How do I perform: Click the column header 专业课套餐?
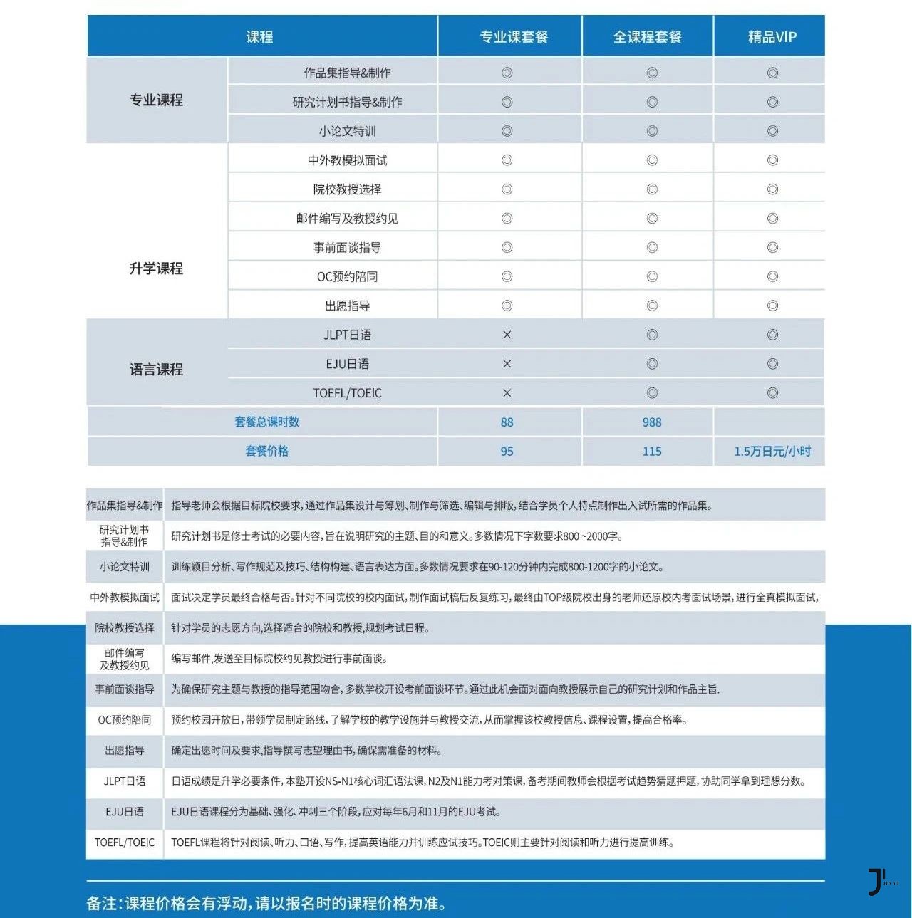tap(513, 36)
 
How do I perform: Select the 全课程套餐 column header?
tap(647, 36)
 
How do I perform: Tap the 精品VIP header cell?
tap(772, 36)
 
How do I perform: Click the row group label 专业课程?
tap(156, 100)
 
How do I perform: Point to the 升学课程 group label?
tap(156, 268)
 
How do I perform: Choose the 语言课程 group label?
tap(156, 370)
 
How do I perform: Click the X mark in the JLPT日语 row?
tap(507, 335)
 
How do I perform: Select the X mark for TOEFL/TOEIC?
tap(507, 393)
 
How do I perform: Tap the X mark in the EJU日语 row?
tap(507, 364)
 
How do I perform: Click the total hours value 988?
tap(651, 422)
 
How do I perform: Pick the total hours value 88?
tap(507, 422)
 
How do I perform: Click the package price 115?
tap(651, 452)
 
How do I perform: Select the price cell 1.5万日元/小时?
tap(772, 452)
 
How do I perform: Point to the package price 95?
tap(507, 452)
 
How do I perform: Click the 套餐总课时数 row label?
tap(266, 422)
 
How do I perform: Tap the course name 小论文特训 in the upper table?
tap(347, 131)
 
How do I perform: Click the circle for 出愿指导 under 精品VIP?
tap(772, 306)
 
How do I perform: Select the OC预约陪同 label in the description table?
tap(125, 720)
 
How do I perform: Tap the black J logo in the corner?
tap(876, 882)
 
